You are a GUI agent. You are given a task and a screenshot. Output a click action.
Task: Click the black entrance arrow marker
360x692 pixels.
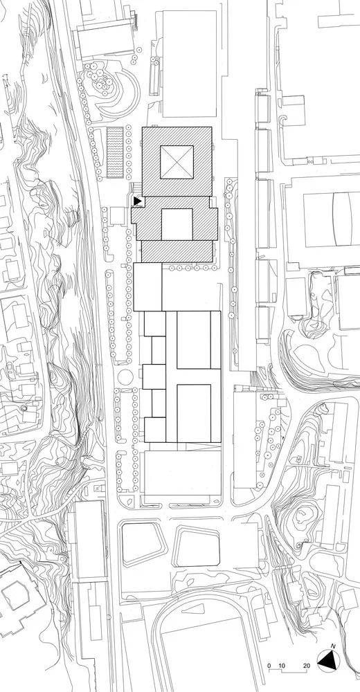click(137, 201)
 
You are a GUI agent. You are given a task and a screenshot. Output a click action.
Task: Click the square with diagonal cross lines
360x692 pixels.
click(177, 163)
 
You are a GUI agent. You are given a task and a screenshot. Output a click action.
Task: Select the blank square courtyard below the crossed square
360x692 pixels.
click(177, 224)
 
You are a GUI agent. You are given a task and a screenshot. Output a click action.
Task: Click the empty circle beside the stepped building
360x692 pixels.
click(124, 376)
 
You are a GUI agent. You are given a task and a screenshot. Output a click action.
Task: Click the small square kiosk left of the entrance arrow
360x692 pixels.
click(107, 219)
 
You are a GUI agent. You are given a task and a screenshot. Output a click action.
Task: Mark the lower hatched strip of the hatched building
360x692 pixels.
click(177, 251)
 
